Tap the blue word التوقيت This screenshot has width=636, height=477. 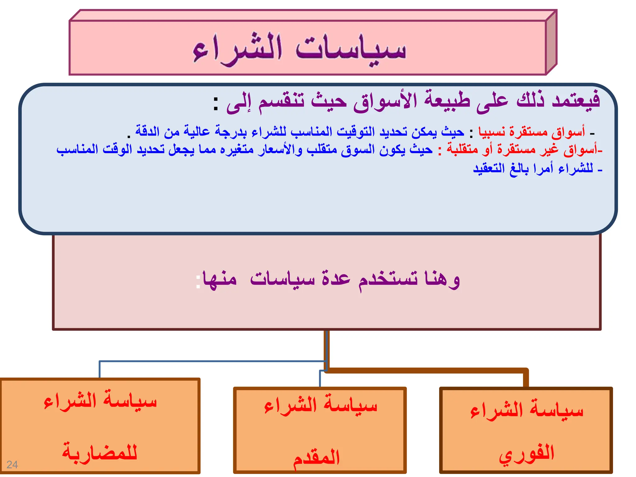(356, 132)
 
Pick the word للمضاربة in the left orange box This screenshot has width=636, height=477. (100, 452)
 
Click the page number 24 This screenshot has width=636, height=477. (12, 465)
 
